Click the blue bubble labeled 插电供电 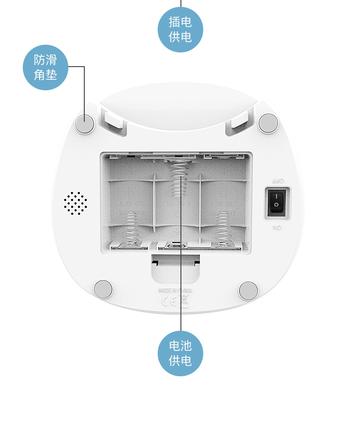pyautogui.click(x=180, y=29)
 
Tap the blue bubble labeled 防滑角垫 pyautogui.click(x=46, y=67)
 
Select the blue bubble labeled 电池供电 pyautogui.click(x=180, y=353)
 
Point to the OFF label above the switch pyautogui.click(x=277, y=181)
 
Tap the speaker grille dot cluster pyautogui.click(x=76, y=203)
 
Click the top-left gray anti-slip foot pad pyautogui.click(x=85, y=123)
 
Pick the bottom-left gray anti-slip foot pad pyautogui.click(x=103, y=290)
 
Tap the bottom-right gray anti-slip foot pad pyautogui.click(x=248, y=291)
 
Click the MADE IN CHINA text pyautogui.click(x=175, y=290)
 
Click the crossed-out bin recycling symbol pyautogui.click(x=183, y=301)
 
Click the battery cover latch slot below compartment pyautogui.click(x=175, y=264)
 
